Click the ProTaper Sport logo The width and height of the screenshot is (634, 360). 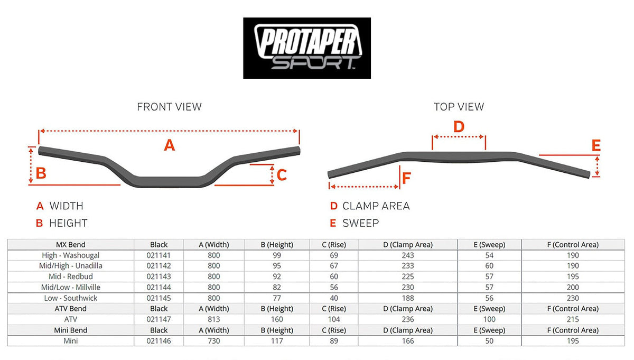[306, 48]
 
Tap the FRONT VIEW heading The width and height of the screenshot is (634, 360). [169, 107]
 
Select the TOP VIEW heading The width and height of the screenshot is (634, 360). [459, 107]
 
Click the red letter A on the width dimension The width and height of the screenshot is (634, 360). [169, 145]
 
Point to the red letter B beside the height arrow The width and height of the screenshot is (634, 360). [41, 173]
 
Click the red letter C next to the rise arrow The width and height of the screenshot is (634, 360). [282, 174]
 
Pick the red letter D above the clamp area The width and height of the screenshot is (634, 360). [459, 127]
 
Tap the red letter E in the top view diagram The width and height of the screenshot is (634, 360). [596, 146]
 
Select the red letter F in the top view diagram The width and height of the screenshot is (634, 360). [406, 178]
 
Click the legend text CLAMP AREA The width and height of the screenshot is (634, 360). [376, 206]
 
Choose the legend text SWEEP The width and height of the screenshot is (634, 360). [360, 223]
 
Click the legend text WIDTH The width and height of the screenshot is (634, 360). [66, 206]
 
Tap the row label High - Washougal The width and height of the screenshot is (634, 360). [70, 255]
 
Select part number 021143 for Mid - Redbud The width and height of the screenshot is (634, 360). [158, 276]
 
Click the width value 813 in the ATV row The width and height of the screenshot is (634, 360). [214, 319]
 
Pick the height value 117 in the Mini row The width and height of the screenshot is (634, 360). [277, 341]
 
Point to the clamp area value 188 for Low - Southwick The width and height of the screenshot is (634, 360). [408, 298]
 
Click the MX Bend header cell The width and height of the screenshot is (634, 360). [70, 244]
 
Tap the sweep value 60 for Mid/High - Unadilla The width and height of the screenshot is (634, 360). [489, 266]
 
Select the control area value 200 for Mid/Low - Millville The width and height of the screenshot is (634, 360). [573, 287]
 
